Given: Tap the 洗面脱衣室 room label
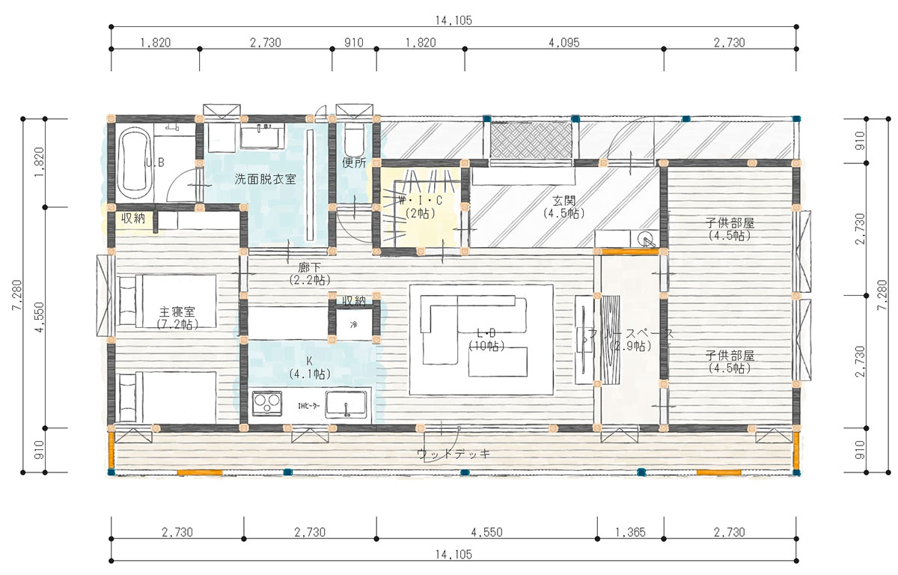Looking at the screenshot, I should (x=265, y=180).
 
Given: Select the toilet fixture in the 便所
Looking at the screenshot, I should (x=353, y=139).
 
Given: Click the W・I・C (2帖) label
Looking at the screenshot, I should (x=421, y=207).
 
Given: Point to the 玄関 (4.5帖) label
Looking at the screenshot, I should (x=563, y=207).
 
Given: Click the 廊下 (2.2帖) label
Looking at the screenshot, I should (x=307, y=273).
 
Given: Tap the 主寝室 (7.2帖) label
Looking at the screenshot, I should (x=177, y=317).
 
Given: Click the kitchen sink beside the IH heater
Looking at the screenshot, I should (x=346, y=404).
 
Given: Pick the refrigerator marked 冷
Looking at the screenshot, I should (x=354, y=324).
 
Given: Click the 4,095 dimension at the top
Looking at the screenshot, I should (x=563, y=43).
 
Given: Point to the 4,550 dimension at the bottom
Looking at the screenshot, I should (x=486, y=532).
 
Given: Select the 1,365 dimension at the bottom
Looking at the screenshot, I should (x=630, y=532).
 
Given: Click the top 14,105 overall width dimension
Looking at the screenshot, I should (x=453, y=20).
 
